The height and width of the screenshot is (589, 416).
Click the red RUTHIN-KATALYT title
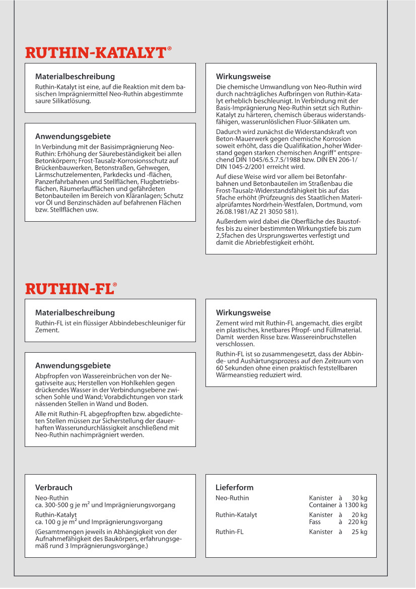(96, 53)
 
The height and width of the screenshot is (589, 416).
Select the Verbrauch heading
(53, 487)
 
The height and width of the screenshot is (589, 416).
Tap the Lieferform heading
(234, 487)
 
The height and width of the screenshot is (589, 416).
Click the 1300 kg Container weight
(356, 505)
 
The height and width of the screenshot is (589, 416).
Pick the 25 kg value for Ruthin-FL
(360, 532)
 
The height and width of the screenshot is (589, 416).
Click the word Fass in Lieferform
(315, 522)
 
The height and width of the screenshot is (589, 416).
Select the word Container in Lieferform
(322, 505)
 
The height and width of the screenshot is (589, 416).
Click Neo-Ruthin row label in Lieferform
(232, 498)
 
